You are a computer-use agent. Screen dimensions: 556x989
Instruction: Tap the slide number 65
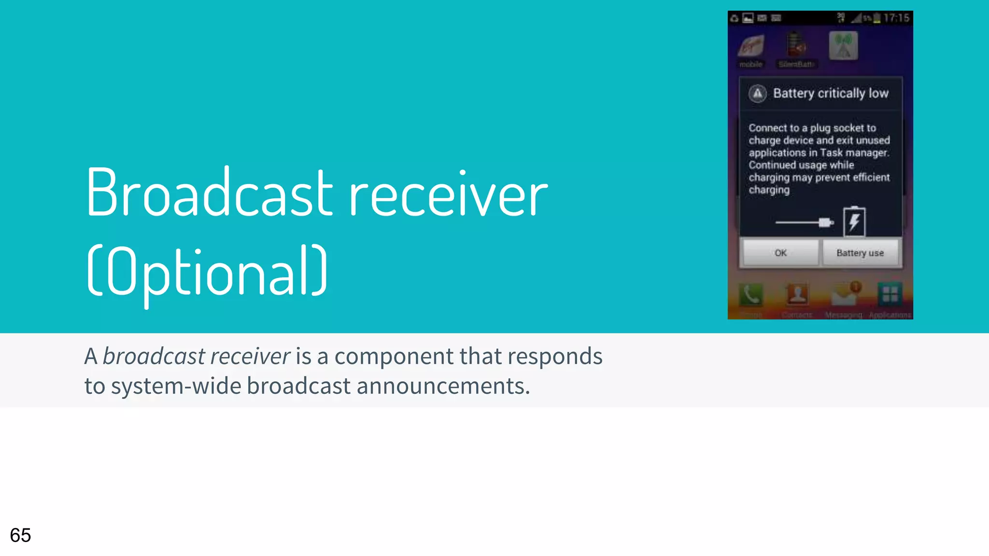20,535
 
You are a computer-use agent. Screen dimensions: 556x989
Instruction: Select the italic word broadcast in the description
154,357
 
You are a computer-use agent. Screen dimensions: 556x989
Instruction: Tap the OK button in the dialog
780,253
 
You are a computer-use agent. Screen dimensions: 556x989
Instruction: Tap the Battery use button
860,253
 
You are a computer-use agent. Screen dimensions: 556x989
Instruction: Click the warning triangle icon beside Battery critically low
758,93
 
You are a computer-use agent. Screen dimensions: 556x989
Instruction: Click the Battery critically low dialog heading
831,93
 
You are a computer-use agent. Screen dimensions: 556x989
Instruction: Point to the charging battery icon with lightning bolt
854,222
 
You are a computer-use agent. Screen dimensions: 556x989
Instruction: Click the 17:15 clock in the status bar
896,18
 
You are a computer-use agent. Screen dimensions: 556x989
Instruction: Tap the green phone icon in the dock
751,294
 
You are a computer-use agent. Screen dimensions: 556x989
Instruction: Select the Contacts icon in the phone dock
797,294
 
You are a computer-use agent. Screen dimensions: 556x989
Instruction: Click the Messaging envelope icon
844,294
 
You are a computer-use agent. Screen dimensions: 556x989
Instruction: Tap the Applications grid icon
890,294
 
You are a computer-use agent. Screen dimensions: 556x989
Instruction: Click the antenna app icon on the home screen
843,46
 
